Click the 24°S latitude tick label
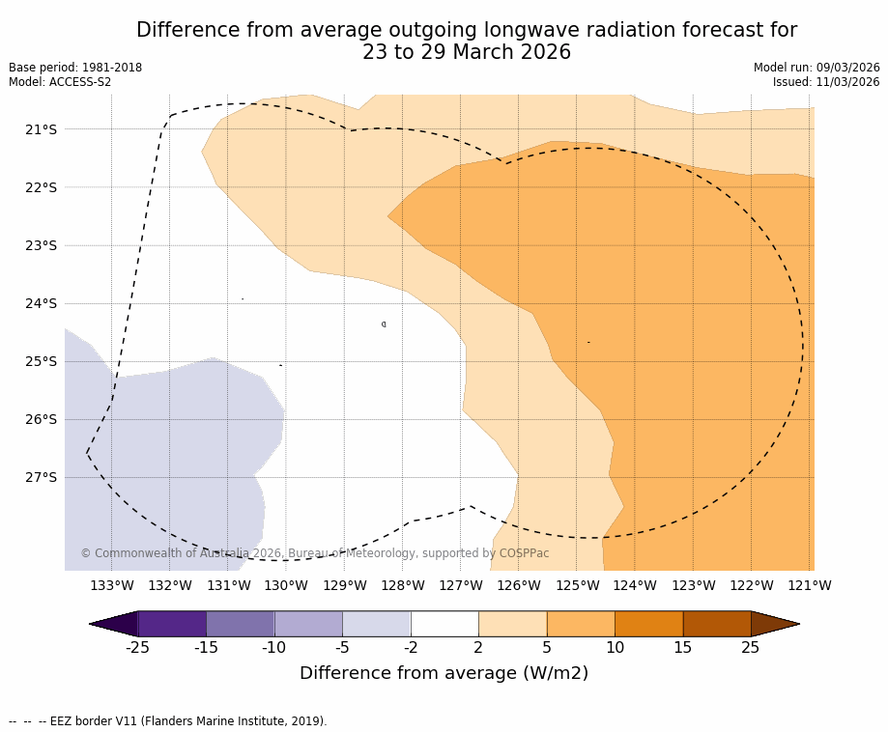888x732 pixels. (x=40, y=303)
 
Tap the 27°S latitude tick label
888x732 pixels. (x=40, y=477)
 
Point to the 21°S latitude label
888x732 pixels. (x=40, y=129)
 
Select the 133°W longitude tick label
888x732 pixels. (x=112, y=585)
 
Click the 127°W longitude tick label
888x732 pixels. (x=461, y=585)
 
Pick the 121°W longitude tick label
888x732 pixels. (x=810, y=585)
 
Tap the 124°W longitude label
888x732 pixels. (x=635, y=585)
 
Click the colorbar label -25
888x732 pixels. (x=138, y=647)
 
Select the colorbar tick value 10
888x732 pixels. (x=615, y=647)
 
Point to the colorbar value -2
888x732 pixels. (x=411, y=647)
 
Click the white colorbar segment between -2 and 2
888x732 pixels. (x=444, y=624)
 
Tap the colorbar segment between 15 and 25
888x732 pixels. (x=717, y=624)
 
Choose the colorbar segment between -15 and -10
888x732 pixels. (x=241, y=624)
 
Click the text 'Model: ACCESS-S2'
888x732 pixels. (x=60, y=82)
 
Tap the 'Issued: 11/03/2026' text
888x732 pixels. (x=826, y=82)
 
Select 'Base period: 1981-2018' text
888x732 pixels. (x=75, y=68)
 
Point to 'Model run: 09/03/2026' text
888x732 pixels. (x=816, y=68)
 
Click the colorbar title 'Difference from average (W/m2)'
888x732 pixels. (x=444, y=673)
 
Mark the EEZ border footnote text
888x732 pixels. (x=167, y=721)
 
